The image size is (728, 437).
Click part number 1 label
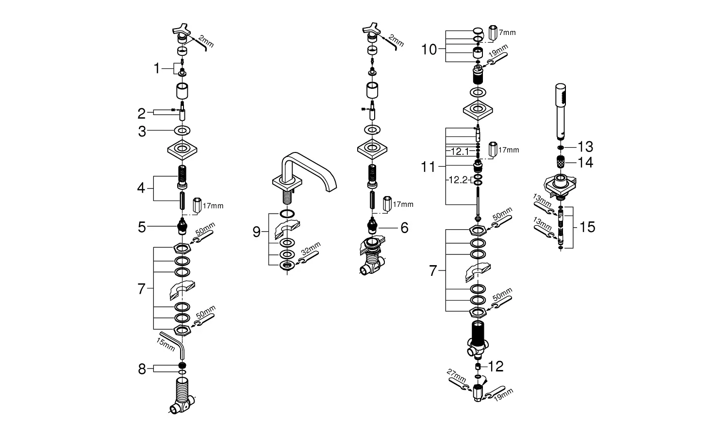point(156,69)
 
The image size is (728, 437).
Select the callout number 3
point(142,131)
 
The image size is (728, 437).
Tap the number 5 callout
point(142,227)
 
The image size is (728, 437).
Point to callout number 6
point(404,227)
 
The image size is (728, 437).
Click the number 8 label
point(142,370)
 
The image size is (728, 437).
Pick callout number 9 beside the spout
point(256,232)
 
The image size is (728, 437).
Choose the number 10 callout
point(430,49)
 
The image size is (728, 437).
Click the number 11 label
point(429,168)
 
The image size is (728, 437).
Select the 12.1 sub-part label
point(460,151)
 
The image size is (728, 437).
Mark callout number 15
point(587,227)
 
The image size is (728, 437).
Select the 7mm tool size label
point(507,33)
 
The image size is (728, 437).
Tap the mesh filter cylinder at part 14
point(561,163)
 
